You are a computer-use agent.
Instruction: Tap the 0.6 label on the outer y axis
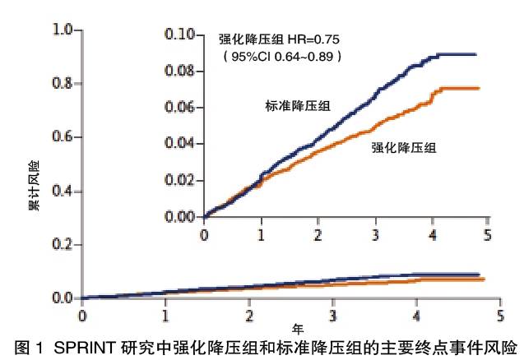tap(63, 137)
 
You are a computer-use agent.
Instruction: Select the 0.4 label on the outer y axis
tap(63, 191)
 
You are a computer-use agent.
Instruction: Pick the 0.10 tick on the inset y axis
tap(180, 35)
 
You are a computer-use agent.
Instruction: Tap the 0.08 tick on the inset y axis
tap(180, 72)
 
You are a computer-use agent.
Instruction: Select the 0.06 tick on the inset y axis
tap(180, 108)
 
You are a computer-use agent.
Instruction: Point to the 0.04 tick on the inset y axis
tap(180, 144)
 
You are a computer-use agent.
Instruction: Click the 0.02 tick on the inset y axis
tap(180, 180)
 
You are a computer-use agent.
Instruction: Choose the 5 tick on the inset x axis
tap(488, 234)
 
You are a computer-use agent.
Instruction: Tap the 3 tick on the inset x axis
tap(375, 234)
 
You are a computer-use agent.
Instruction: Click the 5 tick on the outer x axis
tap(501, 314)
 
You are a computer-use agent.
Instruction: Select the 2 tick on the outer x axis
tap(249, 314)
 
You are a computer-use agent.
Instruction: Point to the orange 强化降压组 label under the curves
tap(404, 148)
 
